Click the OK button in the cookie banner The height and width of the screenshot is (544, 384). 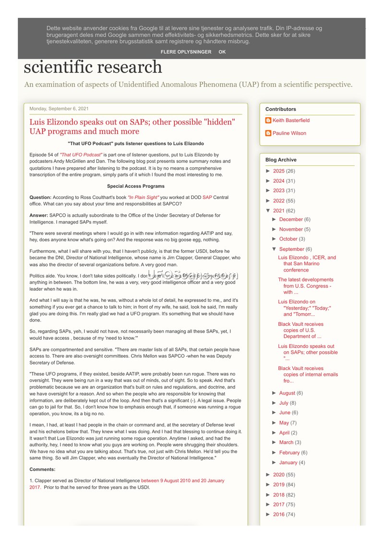(x=222, y=52)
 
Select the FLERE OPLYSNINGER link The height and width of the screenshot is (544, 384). (x=186, y=52)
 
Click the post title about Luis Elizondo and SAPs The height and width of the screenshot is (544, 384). (x=132, y=126)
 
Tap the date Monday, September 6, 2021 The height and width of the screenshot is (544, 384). (x=59, y=109)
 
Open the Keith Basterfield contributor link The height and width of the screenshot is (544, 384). (x=291, y=121)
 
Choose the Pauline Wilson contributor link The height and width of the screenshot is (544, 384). (x=289, y=133)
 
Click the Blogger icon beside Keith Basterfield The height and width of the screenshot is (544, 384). (x=268, y=121)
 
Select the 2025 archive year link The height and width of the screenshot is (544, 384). (x=278, y=171)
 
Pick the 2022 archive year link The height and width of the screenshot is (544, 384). (x=278, y=201)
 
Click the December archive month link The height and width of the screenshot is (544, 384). (x=291, y=220)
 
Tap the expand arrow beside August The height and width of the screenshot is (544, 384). (x=274, y=393)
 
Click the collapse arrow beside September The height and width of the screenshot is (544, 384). (x=274, y=249)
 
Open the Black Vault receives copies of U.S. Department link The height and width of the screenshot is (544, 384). (x=300, y=330)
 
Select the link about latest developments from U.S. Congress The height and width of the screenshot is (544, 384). (x=306, y=285)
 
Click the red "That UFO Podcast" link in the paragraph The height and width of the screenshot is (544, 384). (x=81, y=155)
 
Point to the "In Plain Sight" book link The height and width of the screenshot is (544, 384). (x=143, y=198)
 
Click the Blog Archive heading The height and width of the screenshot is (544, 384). (x=281, y=160)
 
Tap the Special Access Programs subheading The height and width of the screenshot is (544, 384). (x=135, y=186)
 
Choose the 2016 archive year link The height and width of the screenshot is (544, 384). (x=278, y=514)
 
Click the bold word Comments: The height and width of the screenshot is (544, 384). (x=43, y=469)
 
